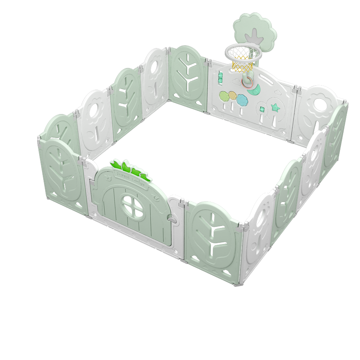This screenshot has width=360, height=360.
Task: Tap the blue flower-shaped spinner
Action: (x=241, y=99)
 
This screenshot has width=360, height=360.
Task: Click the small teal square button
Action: (x=262, y=109)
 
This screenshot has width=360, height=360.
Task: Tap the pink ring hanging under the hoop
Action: (x=248, y=82)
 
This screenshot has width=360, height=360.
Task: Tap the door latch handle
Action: (x=172, y=219)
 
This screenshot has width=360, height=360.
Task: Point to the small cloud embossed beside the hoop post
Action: (x=238, y=83)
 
